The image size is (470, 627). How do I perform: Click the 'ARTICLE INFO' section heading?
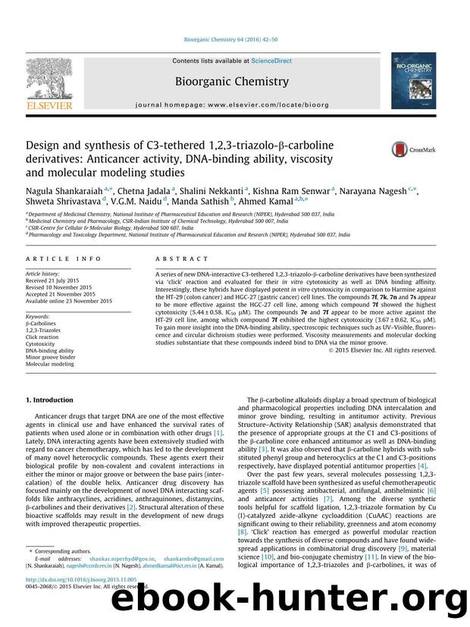[x=52, y=259]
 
